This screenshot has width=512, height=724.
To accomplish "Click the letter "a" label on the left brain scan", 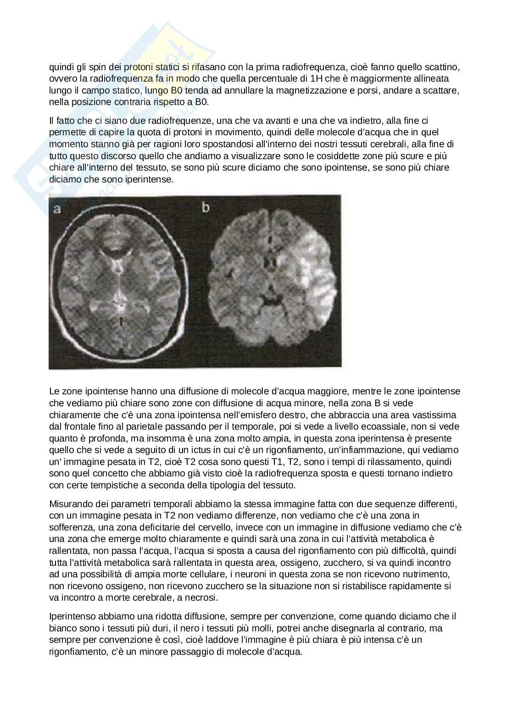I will point(57,209).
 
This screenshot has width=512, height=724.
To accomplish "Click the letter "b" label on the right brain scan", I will point(206,208).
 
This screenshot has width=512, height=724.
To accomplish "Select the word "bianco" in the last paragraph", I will point(61,628).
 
